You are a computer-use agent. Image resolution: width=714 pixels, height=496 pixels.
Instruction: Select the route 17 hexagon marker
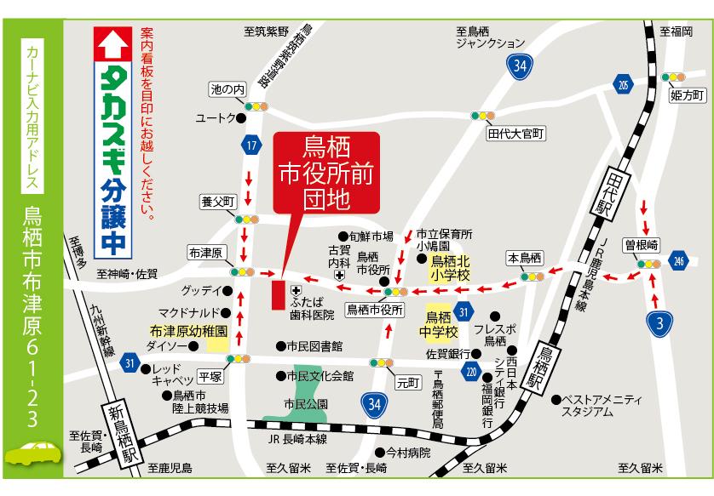(x=250, y=145)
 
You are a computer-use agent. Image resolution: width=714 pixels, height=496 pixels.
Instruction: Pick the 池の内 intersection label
(x=227, y=89)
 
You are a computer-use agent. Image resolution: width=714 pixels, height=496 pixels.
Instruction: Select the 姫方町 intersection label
(x=685, y=94)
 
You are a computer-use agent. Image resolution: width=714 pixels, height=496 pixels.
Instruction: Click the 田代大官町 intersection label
(x=515, y=134)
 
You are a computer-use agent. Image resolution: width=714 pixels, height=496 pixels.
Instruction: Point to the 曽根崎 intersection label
(x=642, y=244)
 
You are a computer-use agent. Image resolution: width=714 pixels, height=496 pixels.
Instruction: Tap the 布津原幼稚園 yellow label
(x=187, y=331)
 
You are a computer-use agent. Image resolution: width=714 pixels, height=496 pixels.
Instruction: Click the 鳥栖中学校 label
(x=440, y=322)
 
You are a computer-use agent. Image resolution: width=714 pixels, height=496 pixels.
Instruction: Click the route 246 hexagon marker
(x=678, y=260)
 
